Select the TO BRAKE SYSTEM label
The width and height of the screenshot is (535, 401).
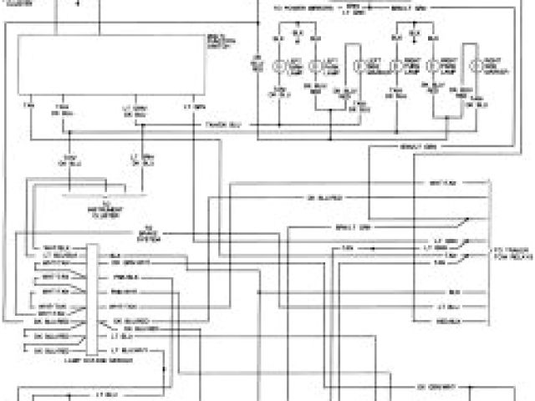click(x=150, y=233)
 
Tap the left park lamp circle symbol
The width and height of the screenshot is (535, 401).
click(x=317, y=66)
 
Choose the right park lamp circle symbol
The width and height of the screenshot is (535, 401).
click(x=432, y=66)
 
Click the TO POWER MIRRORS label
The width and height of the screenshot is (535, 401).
click(x=300, y=8)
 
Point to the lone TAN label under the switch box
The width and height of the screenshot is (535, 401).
click(x=31, y=108)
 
